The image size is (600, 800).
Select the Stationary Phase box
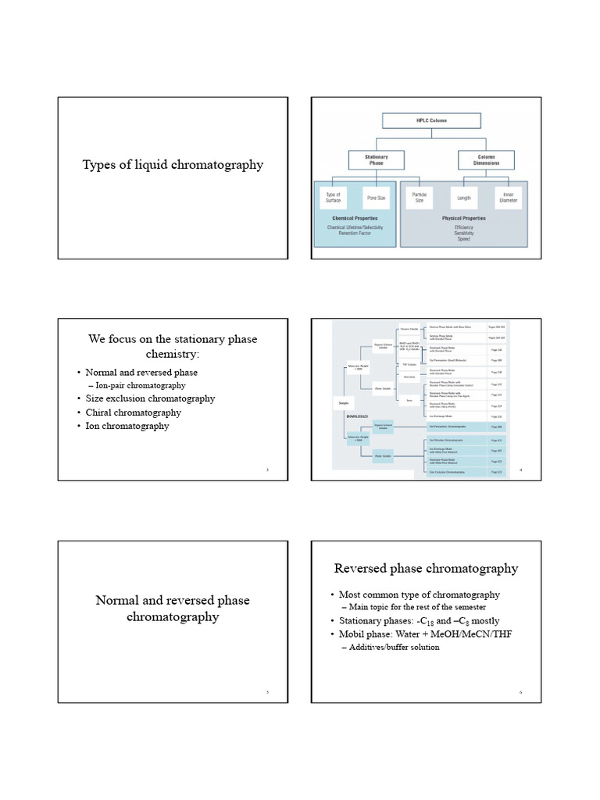coord(377,160)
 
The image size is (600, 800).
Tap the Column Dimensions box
coord(486,160)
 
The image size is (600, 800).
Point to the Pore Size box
coord(377,198)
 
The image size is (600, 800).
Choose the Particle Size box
coord(420,198)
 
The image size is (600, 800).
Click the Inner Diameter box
coord(508,198)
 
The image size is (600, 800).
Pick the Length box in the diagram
coord(464,198)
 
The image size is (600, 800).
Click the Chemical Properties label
coord(355,219)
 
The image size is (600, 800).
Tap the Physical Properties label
coord(464,219)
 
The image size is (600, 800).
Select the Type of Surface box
coord(334,198)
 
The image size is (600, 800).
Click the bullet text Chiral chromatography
coord(133,412)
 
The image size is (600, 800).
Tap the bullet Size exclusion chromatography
coord(150,398)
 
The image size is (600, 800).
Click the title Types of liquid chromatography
coord(173,165)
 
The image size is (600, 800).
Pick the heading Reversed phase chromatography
coord(426,568)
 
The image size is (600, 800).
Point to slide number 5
coord(267,692)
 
